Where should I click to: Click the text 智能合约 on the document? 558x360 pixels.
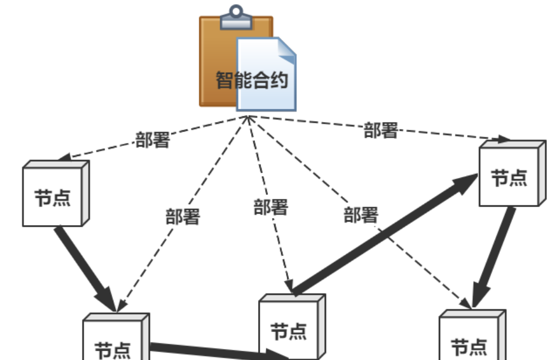252,80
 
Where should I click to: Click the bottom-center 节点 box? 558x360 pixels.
288,330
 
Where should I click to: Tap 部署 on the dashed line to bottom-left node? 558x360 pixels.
183,217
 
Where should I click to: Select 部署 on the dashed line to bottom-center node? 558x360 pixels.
270,207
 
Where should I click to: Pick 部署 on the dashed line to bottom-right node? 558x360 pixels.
360,215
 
